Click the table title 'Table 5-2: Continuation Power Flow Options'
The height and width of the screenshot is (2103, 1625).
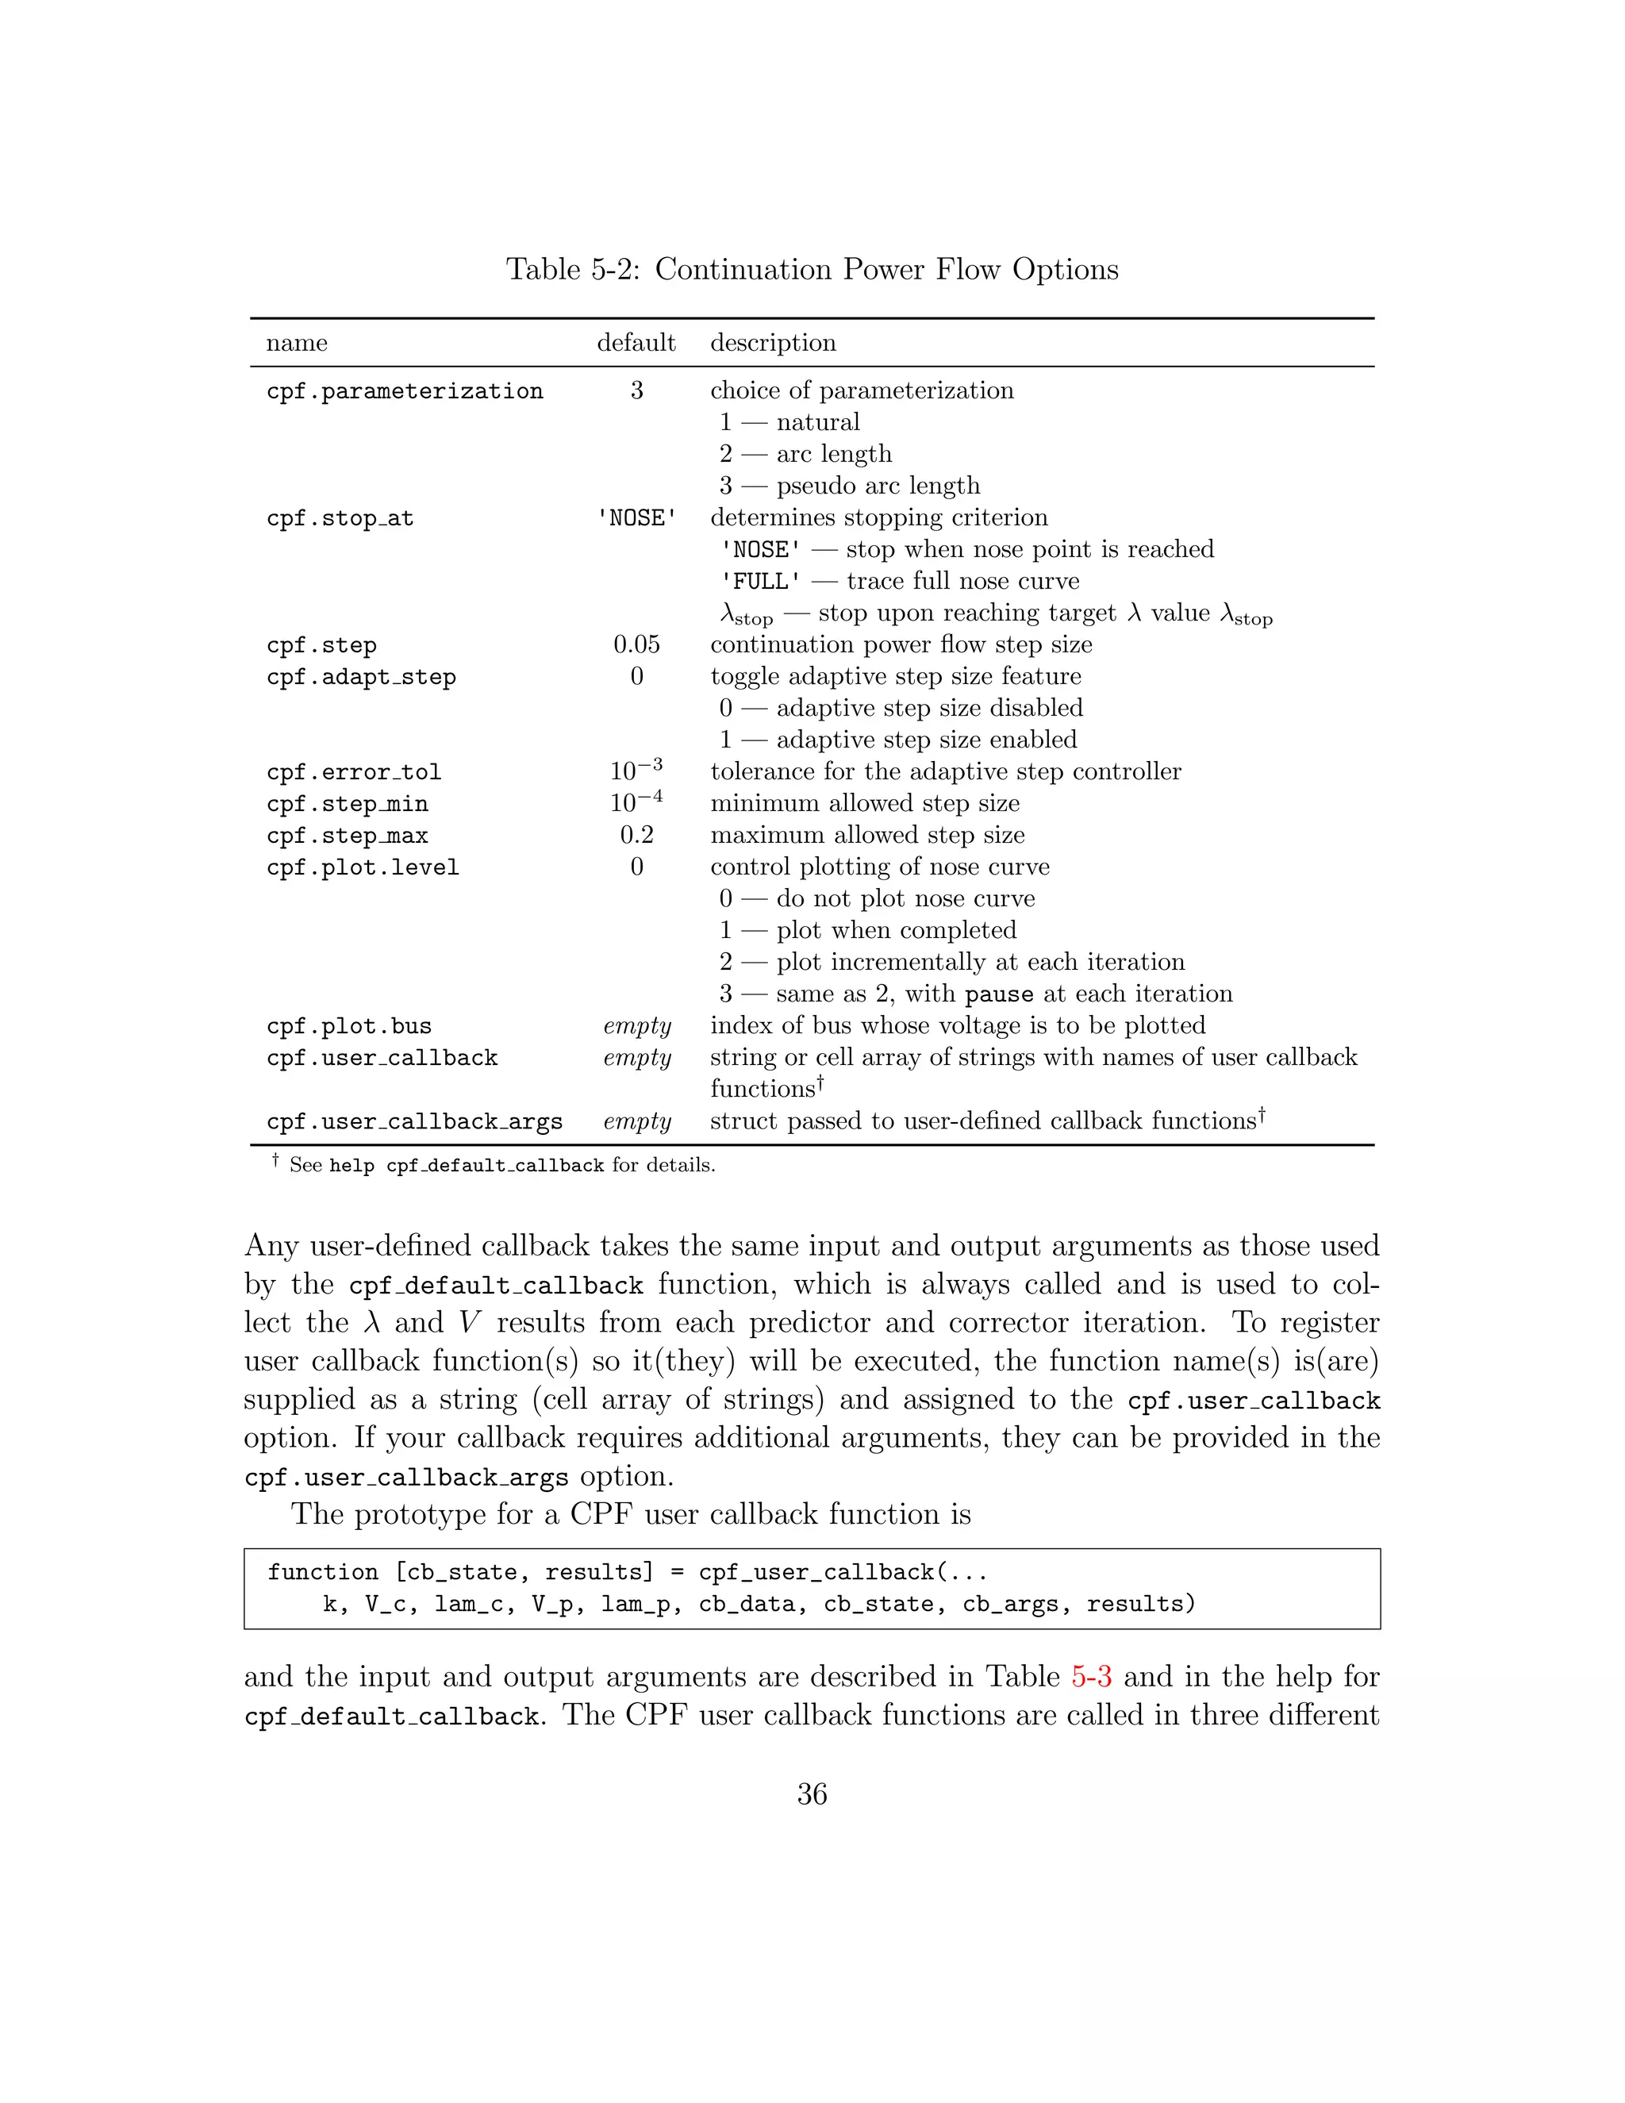[812, 270]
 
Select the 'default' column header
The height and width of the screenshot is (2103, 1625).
[636, 343]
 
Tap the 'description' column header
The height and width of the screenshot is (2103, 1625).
[772, 343]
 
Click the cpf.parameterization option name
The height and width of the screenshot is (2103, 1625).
[405, 391]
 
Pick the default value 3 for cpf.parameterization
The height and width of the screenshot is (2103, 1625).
[636, 390]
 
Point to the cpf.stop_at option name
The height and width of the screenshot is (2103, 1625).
[340, 518]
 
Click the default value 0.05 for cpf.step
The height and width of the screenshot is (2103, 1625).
[636, 644]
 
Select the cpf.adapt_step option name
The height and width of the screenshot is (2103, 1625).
[361, 677]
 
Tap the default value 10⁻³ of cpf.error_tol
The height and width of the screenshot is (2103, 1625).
[636, 771]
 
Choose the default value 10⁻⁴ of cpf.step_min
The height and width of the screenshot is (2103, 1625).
[636, 802]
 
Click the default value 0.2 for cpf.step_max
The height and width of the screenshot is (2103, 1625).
[636, 835]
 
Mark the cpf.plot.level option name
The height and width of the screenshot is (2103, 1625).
[363, 867]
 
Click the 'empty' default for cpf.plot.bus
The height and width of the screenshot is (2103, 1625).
[636, 1025]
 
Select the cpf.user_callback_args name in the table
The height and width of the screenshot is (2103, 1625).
[414, 1122]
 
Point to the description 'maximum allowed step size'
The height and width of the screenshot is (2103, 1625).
[866, 835]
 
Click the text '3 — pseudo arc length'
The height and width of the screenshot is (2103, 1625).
[849, 486]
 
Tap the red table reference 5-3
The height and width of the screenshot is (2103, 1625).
[1091, 1676]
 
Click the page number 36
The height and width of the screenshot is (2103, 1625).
[812, 1794]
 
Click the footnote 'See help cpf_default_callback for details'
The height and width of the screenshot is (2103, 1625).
[501, 1165]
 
